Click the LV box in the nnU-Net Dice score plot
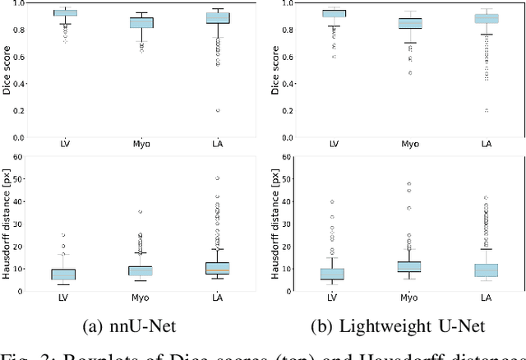65,13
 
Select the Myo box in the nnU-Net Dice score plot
141,23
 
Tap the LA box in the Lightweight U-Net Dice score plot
487,18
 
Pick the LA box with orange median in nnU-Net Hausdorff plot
218,268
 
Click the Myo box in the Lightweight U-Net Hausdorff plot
409,266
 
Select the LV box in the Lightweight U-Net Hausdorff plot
333,274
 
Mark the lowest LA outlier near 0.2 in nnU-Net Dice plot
218,110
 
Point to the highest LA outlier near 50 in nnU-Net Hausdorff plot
218,178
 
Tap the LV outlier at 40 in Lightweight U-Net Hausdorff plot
333,201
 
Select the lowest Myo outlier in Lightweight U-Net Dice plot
409,72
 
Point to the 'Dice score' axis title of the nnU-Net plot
7,70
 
